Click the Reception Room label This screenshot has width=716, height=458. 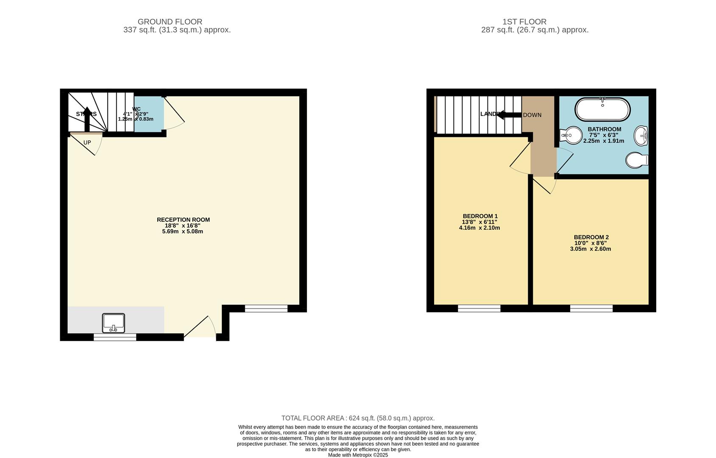183,220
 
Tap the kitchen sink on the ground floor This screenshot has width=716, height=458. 114,323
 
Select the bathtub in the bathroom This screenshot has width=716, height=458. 602,109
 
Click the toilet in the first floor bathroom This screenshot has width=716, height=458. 637,160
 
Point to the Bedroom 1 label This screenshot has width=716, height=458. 480,216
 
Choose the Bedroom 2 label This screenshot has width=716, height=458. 591,237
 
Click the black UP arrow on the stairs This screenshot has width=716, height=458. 87,119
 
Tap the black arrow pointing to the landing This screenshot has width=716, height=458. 509,114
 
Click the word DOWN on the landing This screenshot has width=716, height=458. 532,115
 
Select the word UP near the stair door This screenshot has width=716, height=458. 87,142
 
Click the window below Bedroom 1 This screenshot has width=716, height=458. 479,308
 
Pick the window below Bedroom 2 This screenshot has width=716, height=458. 591,308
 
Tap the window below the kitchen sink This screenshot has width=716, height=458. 115,337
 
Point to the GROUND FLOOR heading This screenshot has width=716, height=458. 170,22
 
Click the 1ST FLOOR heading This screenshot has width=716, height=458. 524,22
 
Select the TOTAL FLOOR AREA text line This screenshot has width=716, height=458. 358,418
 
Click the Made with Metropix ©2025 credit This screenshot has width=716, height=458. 358,455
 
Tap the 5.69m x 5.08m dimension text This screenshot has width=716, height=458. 182,232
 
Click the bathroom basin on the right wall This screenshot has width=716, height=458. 641,136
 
